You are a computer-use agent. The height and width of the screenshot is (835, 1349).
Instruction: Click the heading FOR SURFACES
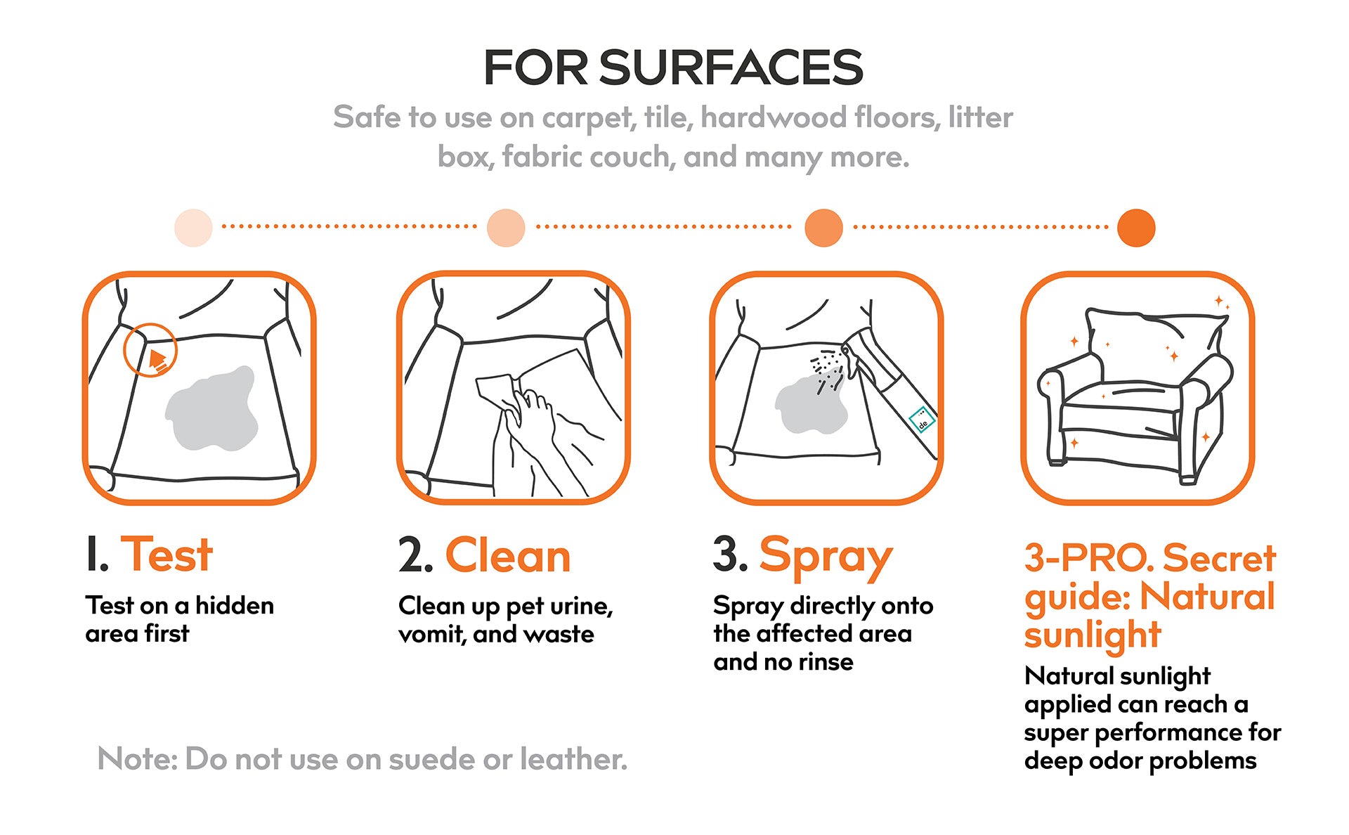[x=673, y=68]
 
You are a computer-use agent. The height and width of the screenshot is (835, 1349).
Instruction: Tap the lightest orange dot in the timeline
[x=193, y=228]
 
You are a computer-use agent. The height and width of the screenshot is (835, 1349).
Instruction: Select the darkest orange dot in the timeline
[x=1136, y=228]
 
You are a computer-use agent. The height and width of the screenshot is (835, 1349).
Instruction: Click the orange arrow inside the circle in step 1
[x=158, y=360]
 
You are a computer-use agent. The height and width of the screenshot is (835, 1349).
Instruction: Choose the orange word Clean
[x=508, y=556]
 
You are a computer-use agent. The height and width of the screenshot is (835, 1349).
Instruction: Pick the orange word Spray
[x=826, y=557]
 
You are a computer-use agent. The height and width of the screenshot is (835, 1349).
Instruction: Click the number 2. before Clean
[x=415, y=556]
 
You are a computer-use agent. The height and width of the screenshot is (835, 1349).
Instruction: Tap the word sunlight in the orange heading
[x=1093, y=635]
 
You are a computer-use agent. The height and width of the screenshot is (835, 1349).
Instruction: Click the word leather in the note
[x=573, y=759]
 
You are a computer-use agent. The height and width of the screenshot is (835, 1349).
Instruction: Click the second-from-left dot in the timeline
[x=506, y=228]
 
